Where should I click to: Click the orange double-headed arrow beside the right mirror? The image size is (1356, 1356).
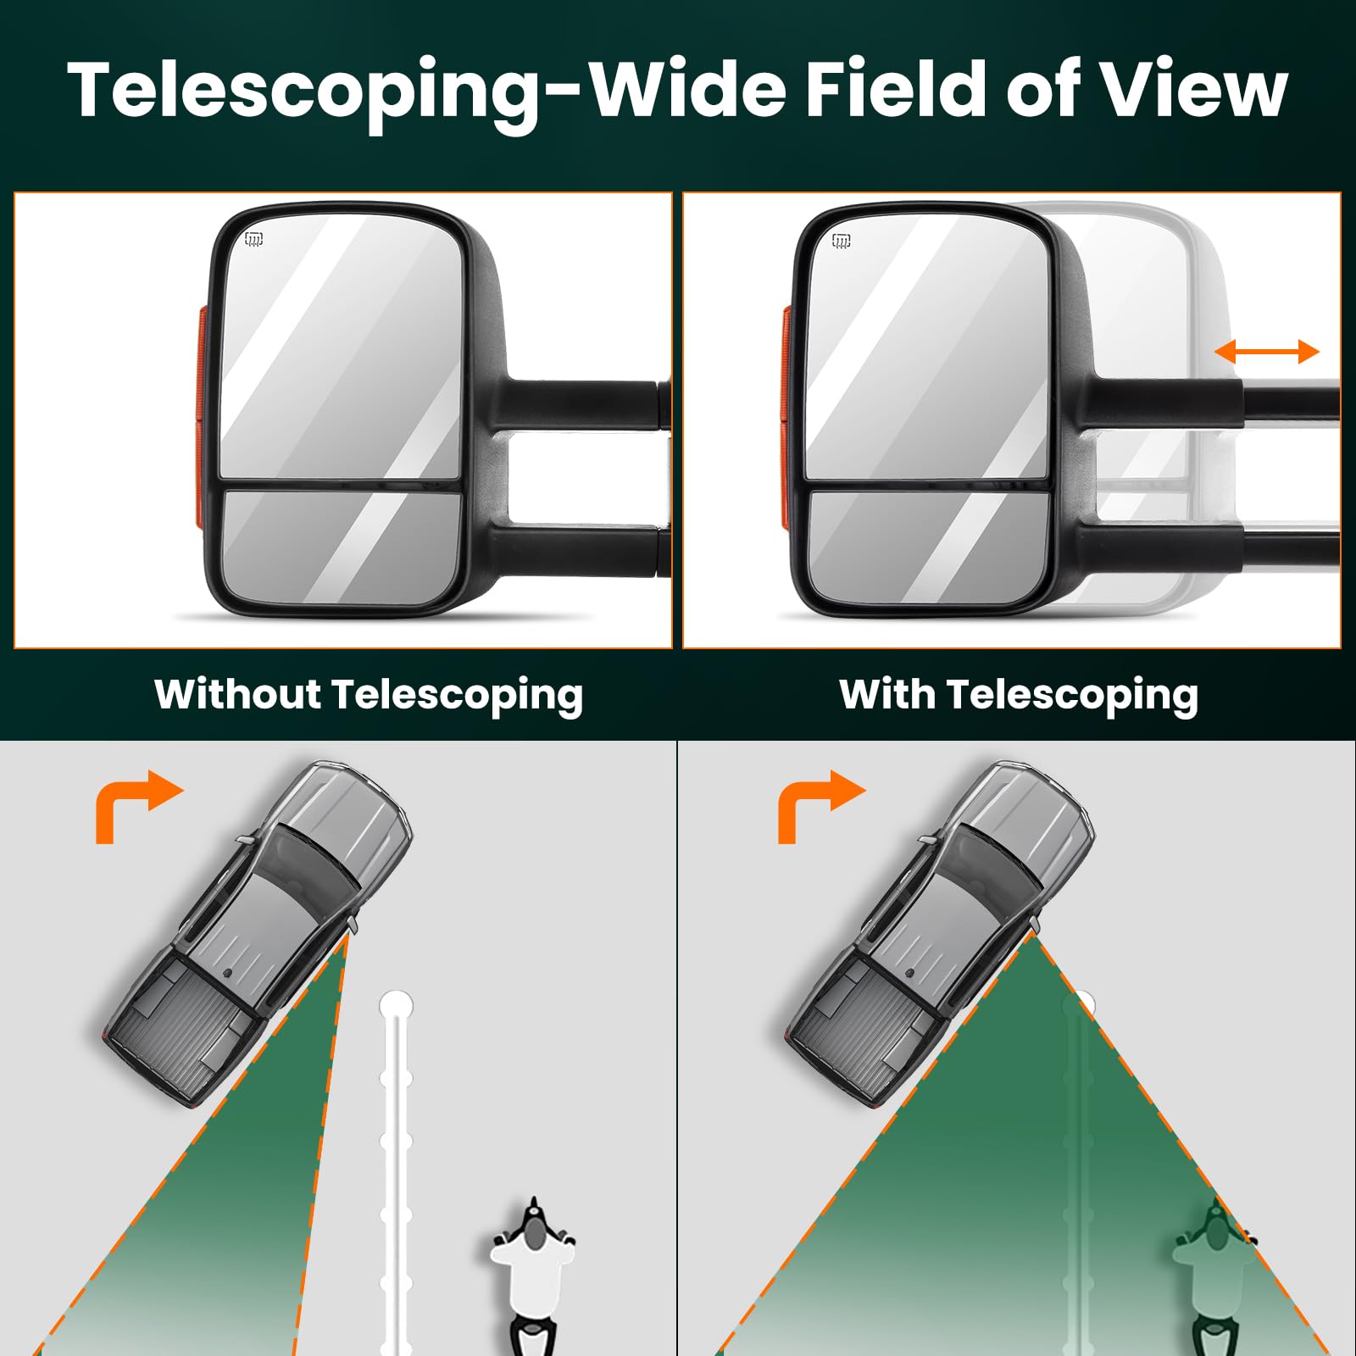tap(1267, 351)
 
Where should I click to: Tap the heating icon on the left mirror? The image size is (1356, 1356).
tap(253, 239)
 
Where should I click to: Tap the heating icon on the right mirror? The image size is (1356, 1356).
tap(841, 241)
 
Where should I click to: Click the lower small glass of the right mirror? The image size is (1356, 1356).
tap(928, 546)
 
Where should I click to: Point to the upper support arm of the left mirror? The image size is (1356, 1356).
tap(585, 403)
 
